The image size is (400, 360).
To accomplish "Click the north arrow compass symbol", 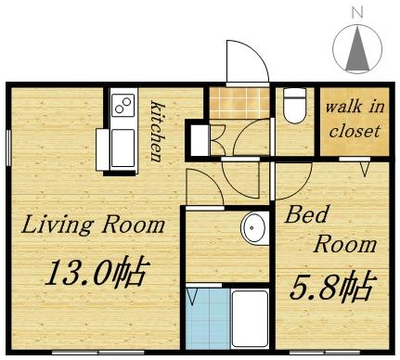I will [x=357, y=48].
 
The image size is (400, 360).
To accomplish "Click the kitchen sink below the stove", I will [x=123, y=148].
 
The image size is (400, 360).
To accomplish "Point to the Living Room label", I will [x=93, y=225].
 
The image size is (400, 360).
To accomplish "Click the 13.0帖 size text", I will [x=97, y=273].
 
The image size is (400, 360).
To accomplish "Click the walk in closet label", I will [x=352, y=119].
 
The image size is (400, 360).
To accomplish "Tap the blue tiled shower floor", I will [x=206, y=318].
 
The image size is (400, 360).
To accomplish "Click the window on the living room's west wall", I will [x=8, y=149].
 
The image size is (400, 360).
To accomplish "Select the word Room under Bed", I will [x=344, y=244].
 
